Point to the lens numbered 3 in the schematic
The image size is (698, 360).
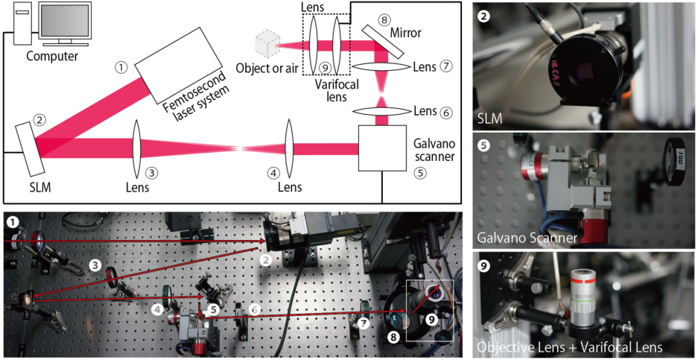136,148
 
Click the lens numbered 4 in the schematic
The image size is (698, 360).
288,148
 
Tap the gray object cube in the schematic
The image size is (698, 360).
265,44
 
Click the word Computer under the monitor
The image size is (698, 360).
51,56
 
